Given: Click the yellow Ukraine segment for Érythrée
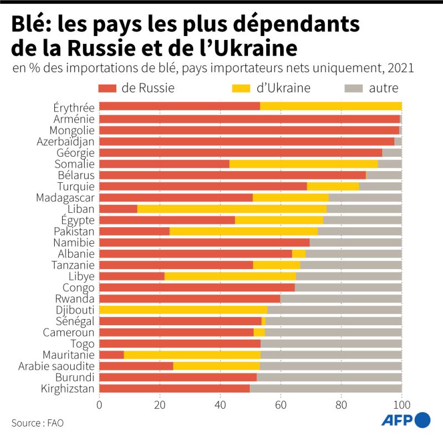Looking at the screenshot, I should pos(331,106).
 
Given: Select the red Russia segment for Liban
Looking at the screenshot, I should pos(118,209).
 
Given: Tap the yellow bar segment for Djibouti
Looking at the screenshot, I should pos(183,310).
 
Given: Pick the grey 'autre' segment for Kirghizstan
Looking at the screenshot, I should pos(326,388).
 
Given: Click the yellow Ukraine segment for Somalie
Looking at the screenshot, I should pos(303,164).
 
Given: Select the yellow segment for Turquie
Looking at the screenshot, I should pos(333,186).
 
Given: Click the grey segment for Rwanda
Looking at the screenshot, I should pos(341,299).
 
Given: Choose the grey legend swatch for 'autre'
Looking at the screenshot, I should pos(353,88).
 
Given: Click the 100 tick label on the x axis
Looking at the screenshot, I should pos(401,404).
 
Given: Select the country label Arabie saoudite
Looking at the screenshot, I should pos(56,366).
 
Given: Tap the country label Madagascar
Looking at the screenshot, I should pos(65,197).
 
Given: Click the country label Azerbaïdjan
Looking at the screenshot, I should pos(66,141).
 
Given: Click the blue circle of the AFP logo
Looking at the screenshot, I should pos(423,419).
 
